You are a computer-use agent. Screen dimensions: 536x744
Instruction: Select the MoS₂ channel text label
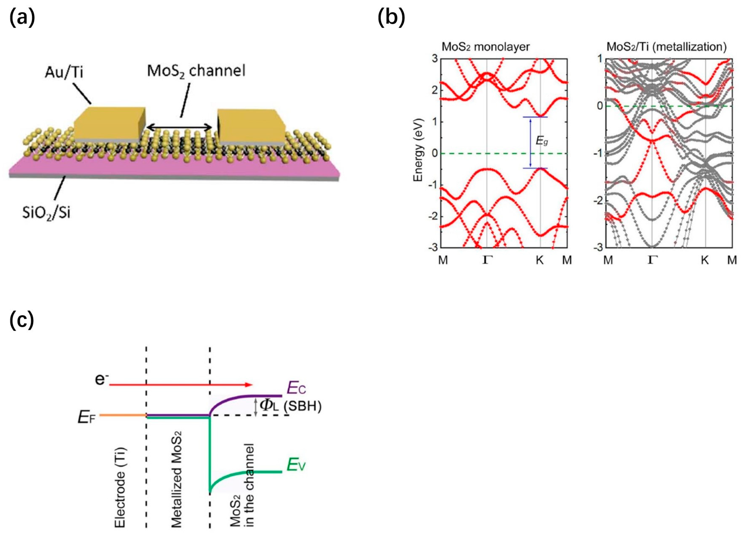click(x=196, y=71)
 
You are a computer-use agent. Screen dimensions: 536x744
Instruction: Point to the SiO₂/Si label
click(x=46, y=213)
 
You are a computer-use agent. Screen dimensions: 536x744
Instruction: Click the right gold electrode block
click(x=251, y=127)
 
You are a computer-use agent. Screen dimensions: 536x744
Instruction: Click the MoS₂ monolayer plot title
click(x=485, y=47)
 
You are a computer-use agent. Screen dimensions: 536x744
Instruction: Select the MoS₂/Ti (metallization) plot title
click(x=666, y=47)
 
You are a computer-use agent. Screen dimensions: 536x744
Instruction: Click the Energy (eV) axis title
click(x=418, y=150)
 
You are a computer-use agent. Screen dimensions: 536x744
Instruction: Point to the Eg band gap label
click(x=542, y=141)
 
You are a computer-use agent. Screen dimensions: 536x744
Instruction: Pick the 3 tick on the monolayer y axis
click(x=435, y=59)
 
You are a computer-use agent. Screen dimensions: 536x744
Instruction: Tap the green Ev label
click(x=296, y=465)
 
